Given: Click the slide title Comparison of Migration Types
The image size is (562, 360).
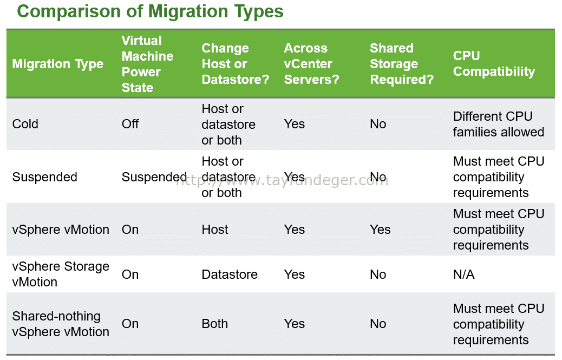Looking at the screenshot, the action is click(150, 11).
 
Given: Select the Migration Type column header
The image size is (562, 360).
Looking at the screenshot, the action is click(58, 64).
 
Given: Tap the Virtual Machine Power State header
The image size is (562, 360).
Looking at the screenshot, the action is click(147, 64).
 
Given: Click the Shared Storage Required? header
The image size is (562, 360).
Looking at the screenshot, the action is click(402, 64).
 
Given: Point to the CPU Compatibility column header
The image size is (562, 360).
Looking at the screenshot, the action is click(494, 64).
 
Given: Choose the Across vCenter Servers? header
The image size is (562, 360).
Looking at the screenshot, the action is click(311, 64).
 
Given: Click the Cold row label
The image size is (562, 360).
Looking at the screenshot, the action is click(25, 124).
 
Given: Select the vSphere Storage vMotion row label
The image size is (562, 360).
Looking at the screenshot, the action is click(61, 274).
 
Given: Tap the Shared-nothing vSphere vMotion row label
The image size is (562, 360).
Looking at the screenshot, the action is click(61, 324).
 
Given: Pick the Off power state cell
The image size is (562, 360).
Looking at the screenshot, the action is click(130, 124).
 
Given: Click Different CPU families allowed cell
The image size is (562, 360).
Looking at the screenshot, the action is click(499, 124).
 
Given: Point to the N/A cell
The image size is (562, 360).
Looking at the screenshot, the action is click(464, 274).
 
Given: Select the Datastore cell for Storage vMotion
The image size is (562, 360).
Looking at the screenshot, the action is click(230, 274).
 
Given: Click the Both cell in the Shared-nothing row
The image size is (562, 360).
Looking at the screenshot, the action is click(215, 324).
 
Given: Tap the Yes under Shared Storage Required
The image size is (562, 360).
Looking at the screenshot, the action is click(380, 230).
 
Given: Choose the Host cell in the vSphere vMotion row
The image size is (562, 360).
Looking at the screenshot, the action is click(215, 230).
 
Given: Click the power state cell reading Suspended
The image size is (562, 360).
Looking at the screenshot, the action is click(154, 177).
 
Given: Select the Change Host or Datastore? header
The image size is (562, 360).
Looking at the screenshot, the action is click(235, 64).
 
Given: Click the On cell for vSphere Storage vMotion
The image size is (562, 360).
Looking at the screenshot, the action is click(130, 274).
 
